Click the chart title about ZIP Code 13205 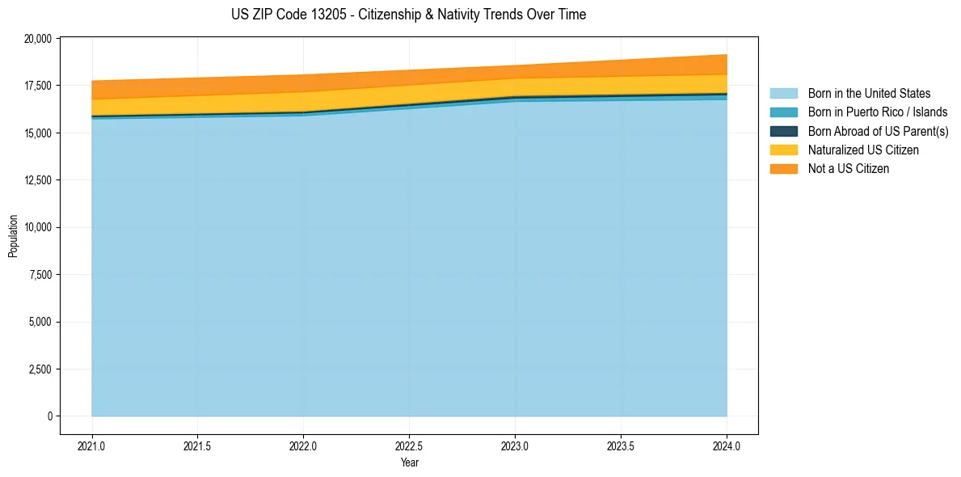click(408, 15)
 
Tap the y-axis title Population click(13, 236)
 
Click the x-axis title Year click(409, 462)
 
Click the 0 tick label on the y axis click(49, 416)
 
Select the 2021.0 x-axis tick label click(92, 445)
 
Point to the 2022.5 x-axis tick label click(409, 445)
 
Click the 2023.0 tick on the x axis click(515, 445)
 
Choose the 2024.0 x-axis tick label click(727, 445)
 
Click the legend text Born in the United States click(869, 94)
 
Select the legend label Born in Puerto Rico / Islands click(878, 112)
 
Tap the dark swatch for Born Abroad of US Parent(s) click(783, 131)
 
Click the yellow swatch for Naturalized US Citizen click(783, 150)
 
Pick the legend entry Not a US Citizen click(848, 169)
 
